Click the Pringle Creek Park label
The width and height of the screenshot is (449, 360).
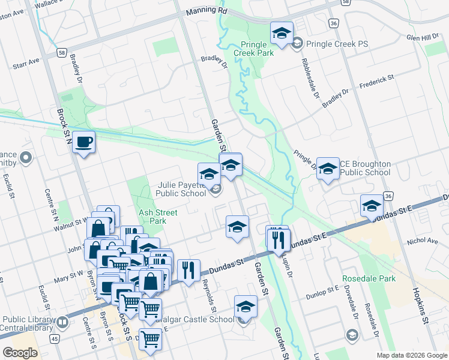[x=258, y=49]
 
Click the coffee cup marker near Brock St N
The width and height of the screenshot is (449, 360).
[x=84, y=142]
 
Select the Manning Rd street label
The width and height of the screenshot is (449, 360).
[x=206, y=11]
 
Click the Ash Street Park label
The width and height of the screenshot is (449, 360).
[x=157, y=217]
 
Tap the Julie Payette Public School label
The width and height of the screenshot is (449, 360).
[x=181, y=189]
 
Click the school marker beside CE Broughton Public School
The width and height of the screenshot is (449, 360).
[x=328, y=169]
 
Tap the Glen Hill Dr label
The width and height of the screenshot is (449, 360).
[x=423, y=37]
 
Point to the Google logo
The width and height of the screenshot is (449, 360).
[x=20, y=352]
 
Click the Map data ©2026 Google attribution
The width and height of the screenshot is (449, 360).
[x=411, y=355]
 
